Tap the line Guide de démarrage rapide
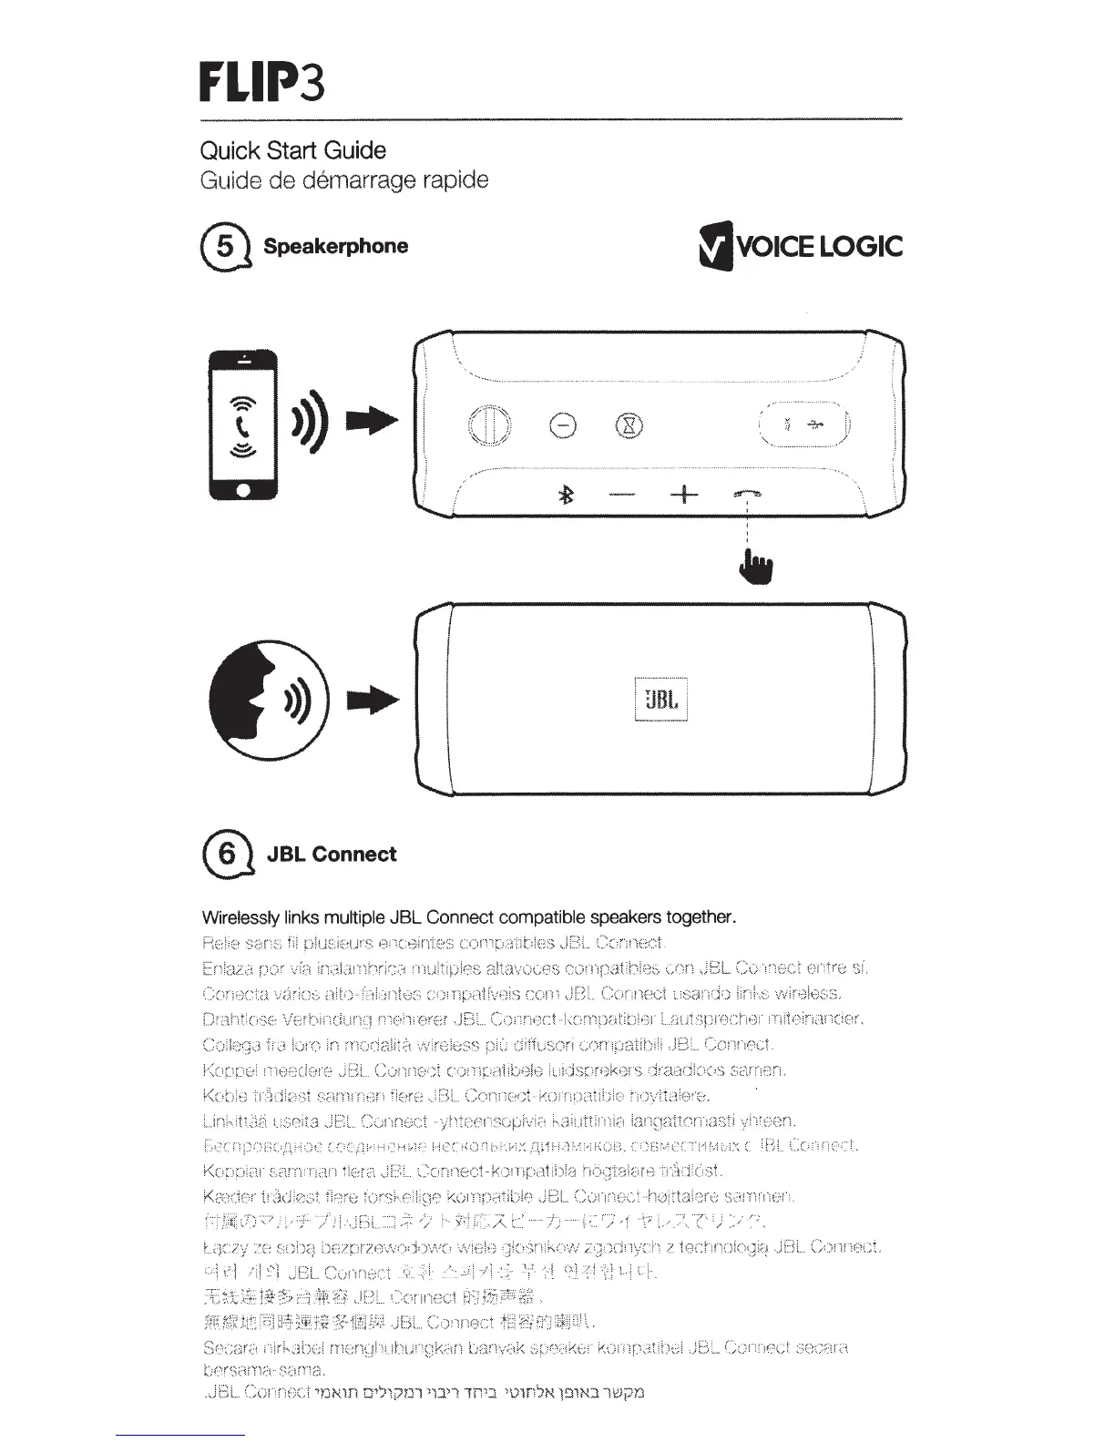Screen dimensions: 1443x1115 (x=343, y=179)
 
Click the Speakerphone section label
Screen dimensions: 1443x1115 (x=335, y=246)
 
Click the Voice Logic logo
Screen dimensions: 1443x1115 (x=799, y=247)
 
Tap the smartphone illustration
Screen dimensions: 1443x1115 (x=242, y=425)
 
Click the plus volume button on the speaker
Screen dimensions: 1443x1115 (x=683, y=495)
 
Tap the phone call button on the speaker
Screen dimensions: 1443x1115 (x=747, y=494)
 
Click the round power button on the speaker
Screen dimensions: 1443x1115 (x=489, y=425)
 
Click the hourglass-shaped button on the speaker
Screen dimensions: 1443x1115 (x=630, y=425)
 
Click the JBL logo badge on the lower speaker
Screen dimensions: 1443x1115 (x=660, y=700)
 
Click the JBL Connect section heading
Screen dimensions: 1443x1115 (x=331, y=855)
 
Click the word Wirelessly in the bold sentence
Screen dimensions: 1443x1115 (x=239, y=916)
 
